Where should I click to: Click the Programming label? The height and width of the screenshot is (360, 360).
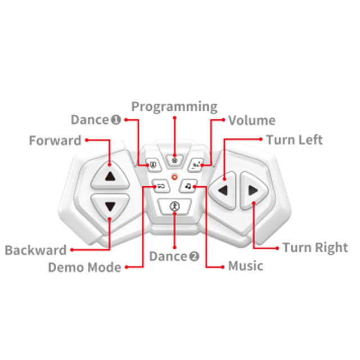pyautogui.click(x=174, y=106)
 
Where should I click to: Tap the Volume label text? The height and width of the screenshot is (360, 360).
pyautogui.click(x=251, y=120)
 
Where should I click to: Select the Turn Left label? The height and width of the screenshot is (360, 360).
pyautogui.click(x=294, y=139)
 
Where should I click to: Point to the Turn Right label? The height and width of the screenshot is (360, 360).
pyautogui.click(x=315, y=247)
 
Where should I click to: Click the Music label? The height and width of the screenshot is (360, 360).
pyautogui.click(x=245, y=265)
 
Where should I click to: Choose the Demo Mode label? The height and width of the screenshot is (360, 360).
pyautogui.click(x=84, y=267)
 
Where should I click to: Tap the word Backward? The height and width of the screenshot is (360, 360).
pyautogui.click(x=35, y=250)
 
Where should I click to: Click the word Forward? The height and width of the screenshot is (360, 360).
pyautogui.click(x=55, y=140)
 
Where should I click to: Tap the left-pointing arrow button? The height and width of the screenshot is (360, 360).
pyautogui.click(x=223, y=190)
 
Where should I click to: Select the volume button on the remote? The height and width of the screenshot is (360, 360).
pyautogui.click(x=196, y=164)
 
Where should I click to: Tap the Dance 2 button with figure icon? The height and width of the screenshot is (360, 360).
pyautogui.click(x=174, y=206)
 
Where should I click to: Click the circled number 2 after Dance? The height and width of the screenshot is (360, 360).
pyautogui.click(x=194, y=256)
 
